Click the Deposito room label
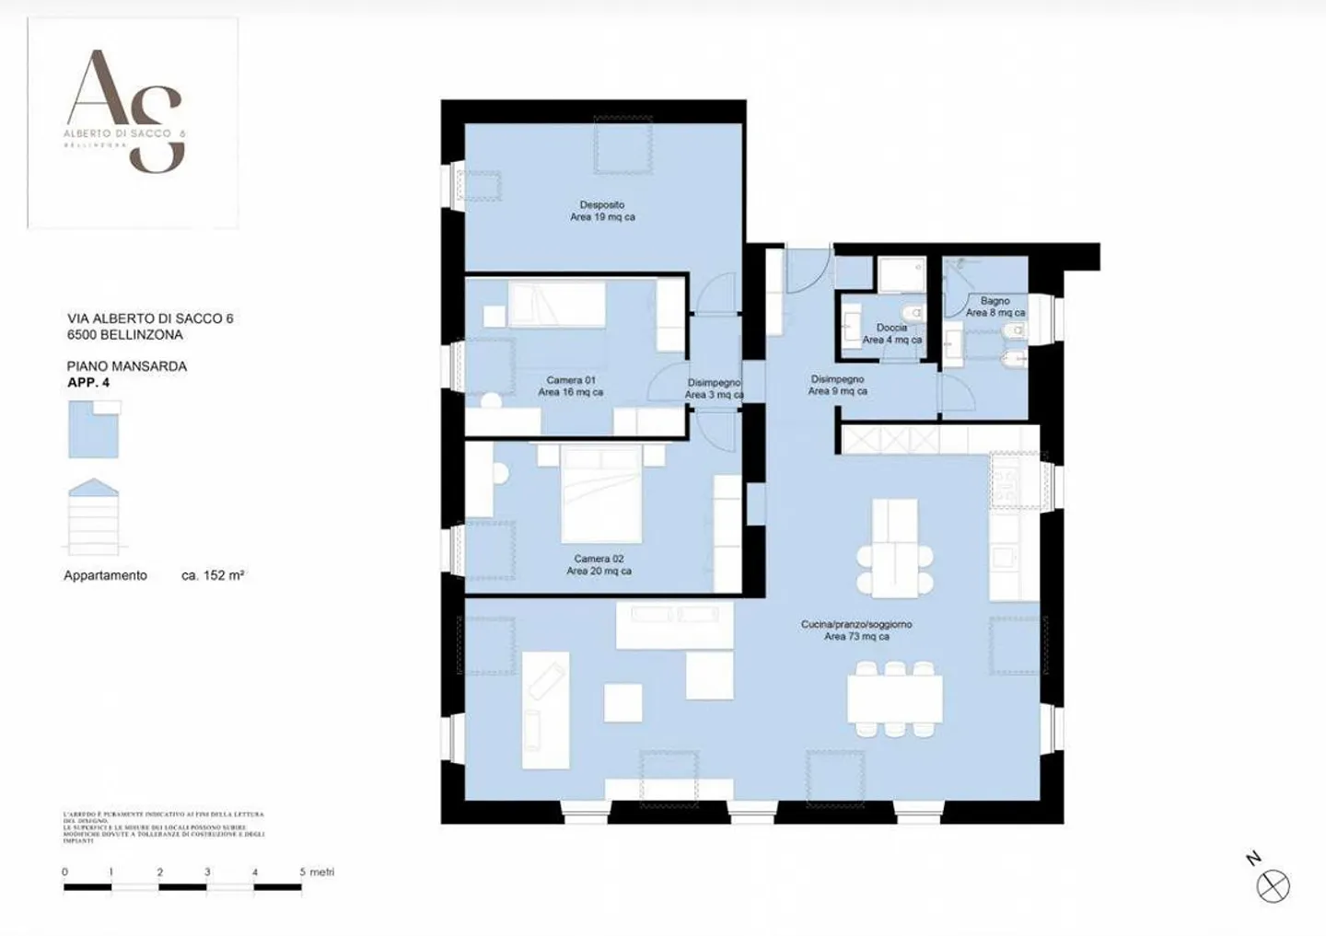click(602, 211)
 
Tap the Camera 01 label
click(571, 386)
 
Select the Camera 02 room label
click(599, 564)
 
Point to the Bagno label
click(994, 306)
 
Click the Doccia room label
click(891, 333)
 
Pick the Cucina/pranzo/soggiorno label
click(856, 630)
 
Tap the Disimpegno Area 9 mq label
click(837, 385)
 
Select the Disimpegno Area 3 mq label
click(714, 388)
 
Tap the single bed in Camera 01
click(557, 304)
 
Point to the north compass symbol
click(1273, 886)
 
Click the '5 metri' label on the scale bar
click(317, 872)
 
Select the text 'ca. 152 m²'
click(213, 575)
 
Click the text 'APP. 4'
click(88, 382)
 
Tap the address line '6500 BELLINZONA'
click(125, 334)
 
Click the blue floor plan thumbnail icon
click(94, 431)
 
